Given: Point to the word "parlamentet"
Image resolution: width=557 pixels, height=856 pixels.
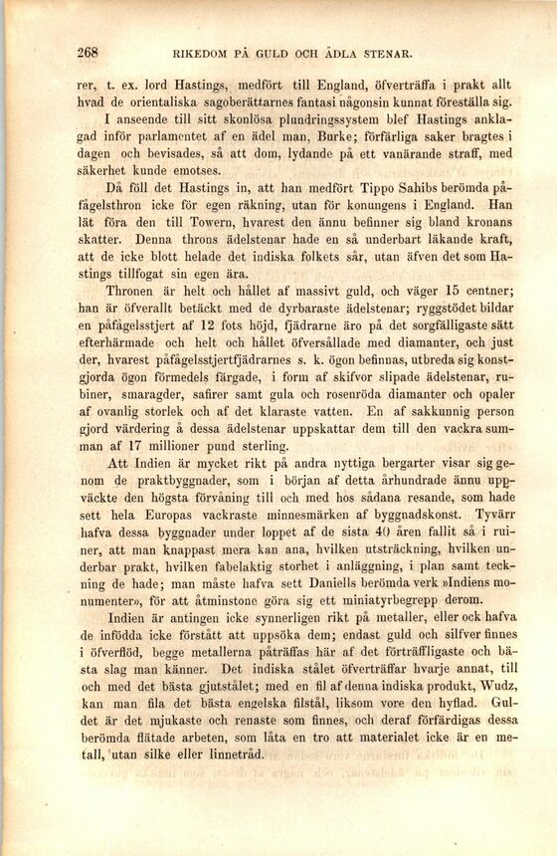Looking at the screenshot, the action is coord(181,137).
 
